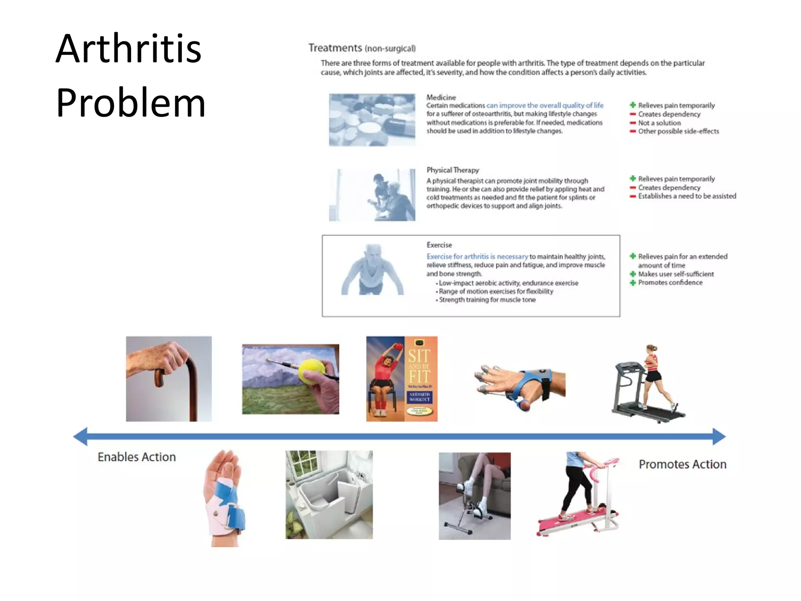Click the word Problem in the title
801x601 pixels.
pos(131,103)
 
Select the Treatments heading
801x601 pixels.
pos(335,48)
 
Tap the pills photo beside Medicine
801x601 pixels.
pos(372,120)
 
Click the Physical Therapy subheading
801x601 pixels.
pos(453,170)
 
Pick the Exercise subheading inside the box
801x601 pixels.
pos(439,245)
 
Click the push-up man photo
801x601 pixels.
pos(372,270)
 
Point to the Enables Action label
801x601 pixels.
pos(136,457)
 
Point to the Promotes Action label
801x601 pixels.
pos(682,464)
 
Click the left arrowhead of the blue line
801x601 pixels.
pos(81,436)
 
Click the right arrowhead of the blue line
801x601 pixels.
pos(719,436)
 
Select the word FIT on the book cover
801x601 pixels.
pos(419,377)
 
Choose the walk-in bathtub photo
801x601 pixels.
pos(329,495)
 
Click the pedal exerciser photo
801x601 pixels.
pos(474,496)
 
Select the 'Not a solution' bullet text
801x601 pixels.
pos(659,123)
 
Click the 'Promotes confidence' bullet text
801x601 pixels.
pos(670,283)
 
